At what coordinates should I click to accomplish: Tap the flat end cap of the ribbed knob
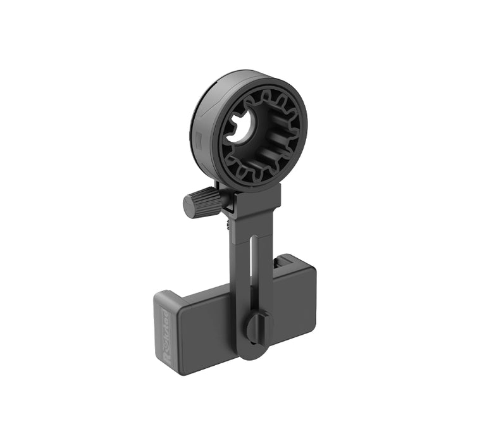[x=189, y=206]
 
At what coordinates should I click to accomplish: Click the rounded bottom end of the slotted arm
[x=252, y=351]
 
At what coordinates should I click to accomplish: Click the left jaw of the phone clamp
[x=166, y=332]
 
